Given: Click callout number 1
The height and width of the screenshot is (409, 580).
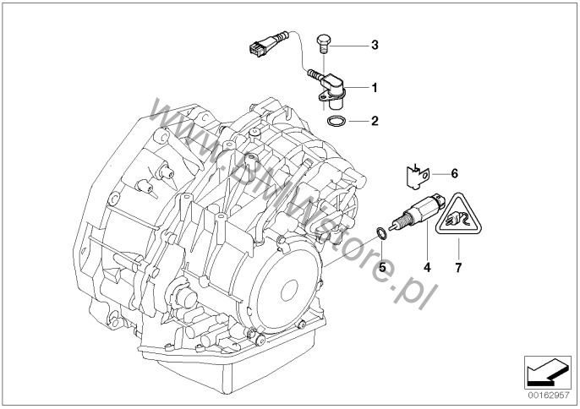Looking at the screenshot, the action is pyautogui.click(x=375, y=88).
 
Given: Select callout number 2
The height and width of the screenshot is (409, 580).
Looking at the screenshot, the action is pyautogui.click(x=375, y=121).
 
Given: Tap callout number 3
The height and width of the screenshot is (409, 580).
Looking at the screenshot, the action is pyautogui.click(x=375, y=45).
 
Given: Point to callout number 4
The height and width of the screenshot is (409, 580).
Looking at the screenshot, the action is pyautogui.click(x=427, y=267).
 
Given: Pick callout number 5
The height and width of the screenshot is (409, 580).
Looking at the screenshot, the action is pyautogui.click(x=382, y=267).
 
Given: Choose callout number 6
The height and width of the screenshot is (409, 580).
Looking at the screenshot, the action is pyautogui.click(x=454, y=173).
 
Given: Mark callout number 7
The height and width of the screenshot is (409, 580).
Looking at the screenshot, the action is pyautogui.click(x=458, y=267).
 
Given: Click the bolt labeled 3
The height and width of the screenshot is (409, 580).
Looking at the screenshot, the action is pyautogui.click(x=323, y=44).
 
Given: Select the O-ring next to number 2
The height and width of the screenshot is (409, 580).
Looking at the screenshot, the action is pyautogui.click(x=337, y=121).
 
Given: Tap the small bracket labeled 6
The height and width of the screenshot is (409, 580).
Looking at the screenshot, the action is pyautogui.click(x=415, y=176).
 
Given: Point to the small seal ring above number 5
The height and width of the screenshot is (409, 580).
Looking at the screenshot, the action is pyautogui.click(x=382, y=233).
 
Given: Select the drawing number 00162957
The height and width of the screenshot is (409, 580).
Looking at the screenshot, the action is pyautogui.click(x=548, y=395).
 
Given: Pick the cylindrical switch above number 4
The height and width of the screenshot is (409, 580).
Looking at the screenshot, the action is pyautogui.click(x=416, y=213).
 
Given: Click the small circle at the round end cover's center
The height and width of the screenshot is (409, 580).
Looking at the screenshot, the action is pyautogui.click(x=289, y=291).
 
